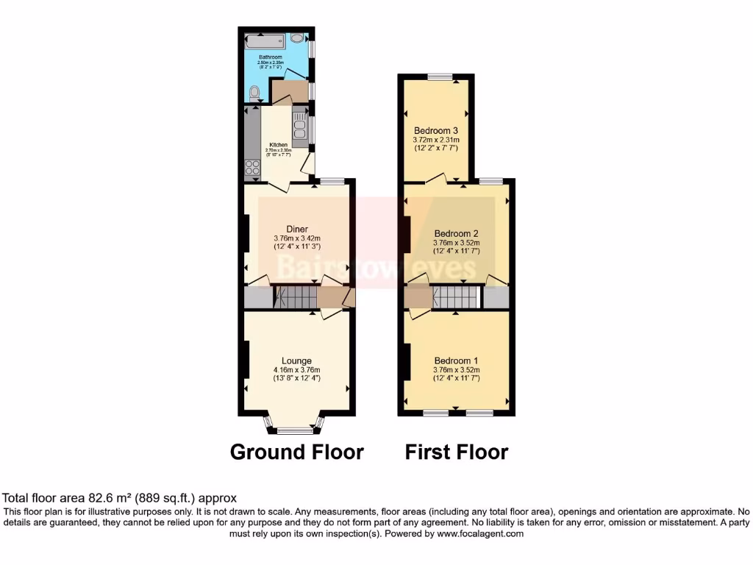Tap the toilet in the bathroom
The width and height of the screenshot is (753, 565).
254,93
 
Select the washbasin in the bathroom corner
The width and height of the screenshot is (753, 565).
298,38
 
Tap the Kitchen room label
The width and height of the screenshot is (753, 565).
278,145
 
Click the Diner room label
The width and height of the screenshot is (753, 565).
297,229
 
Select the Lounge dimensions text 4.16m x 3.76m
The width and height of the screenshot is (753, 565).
297,370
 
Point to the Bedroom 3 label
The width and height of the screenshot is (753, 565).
436,130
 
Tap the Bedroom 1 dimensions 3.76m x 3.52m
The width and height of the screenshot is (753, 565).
456,370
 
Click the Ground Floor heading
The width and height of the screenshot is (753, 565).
297,452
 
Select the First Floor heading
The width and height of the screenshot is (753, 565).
456,452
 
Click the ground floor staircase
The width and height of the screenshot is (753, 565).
296,297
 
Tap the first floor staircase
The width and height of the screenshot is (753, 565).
455,297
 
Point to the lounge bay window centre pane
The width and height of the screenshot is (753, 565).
294,430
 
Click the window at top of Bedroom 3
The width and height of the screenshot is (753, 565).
440,77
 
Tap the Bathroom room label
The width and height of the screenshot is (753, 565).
270,57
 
